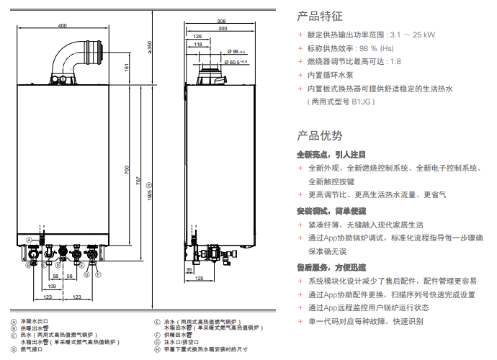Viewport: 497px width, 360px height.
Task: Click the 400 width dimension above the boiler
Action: click(62, 26)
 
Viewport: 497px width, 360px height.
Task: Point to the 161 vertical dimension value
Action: click(127, 67)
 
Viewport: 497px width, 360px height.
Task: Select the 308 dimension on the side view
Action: click(220, 22)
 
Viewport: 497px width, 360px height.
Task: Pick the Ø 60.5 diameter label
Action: click(236, 62)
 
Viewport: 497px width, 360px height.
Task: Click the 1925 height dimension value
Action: click(148, 191)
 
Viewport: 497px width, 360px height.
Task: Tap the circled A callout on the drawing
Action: click(30, 239)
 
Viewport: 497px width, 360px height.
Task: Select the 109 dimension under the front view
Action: click(52, 285)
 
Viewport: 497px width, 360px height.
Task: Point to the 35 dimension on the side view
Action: click(189, 270)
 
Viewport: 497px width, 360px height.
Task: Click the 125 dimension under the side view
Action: click(200, 278)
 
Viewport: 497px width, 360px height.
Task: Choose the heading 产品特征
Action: click(320, 15)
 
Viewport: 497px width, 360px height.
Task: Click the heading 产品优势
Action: click(320, 135)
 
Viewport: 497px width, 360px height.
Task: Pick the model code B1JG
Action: click(364, 102)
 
